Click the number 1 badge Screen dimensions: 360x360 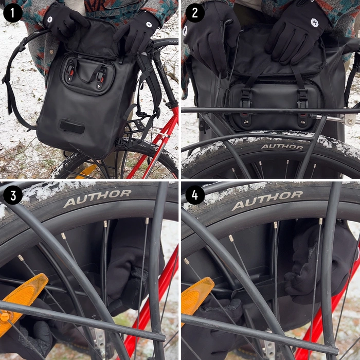[13, 13]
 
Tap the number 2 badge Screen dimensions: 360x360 [195, 13]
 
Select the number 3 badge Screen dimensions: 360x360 [13, 195]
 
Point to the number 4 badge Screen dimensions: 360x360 [195, 195]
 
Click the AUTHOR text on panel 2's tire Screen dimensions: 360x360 [282, 147]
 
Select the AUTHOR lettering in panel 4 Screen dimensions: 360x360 [267, 201]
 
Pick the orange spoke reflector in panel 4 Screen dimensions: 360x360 [196, 299]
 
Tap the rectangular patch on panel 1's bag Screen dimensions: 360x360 [71, 127]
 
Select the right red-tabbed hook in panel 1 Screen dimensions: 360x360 [102, 77]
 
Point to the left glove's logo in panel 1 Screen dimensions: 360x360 [50, 19]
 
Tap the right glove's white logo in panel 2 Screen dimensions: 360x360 [314, 23]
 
